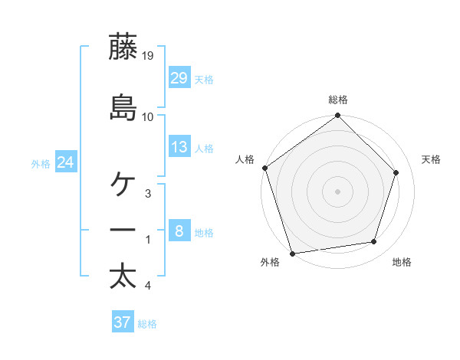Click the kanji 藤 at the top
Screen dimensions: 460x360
click(123, 47)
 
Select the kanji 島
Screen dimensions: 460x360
click(123, 107)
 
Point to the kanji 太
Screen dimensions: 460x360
click(123, 277)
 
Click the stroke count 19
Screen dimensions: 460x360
click(148, 56)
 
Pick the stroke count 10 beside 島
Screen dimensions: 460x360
click(148, 116)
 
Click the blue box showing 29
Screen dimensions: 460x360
click(179, 77)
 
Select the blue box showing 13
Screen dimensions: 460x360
click(179, 147)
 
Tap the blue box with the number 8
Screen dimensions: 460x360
click(179, 231)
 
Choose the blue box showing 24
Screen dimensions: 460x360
click(66, 162)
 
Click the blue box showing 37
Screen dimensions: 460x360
click(123, 322)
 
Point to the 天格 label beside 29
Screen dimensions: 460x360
click(204, 80)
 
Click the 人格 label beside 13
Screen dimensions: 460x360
click(204, 149)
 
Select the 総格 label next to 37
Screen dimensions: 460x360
click(148, 324)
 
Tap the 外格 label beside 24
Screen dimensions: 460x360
click(41, 163)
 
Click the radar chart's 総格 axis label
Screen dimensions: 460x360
click(338, 100)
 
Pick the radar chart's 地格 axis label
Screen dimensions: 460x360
click(402, 263)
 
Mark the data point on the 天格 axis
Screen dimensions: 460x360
click(396, 172)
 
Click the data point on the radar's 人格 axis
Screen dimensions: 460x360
click(264, 168)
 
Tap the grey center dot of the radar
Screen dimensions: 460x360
click(338, 191)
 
